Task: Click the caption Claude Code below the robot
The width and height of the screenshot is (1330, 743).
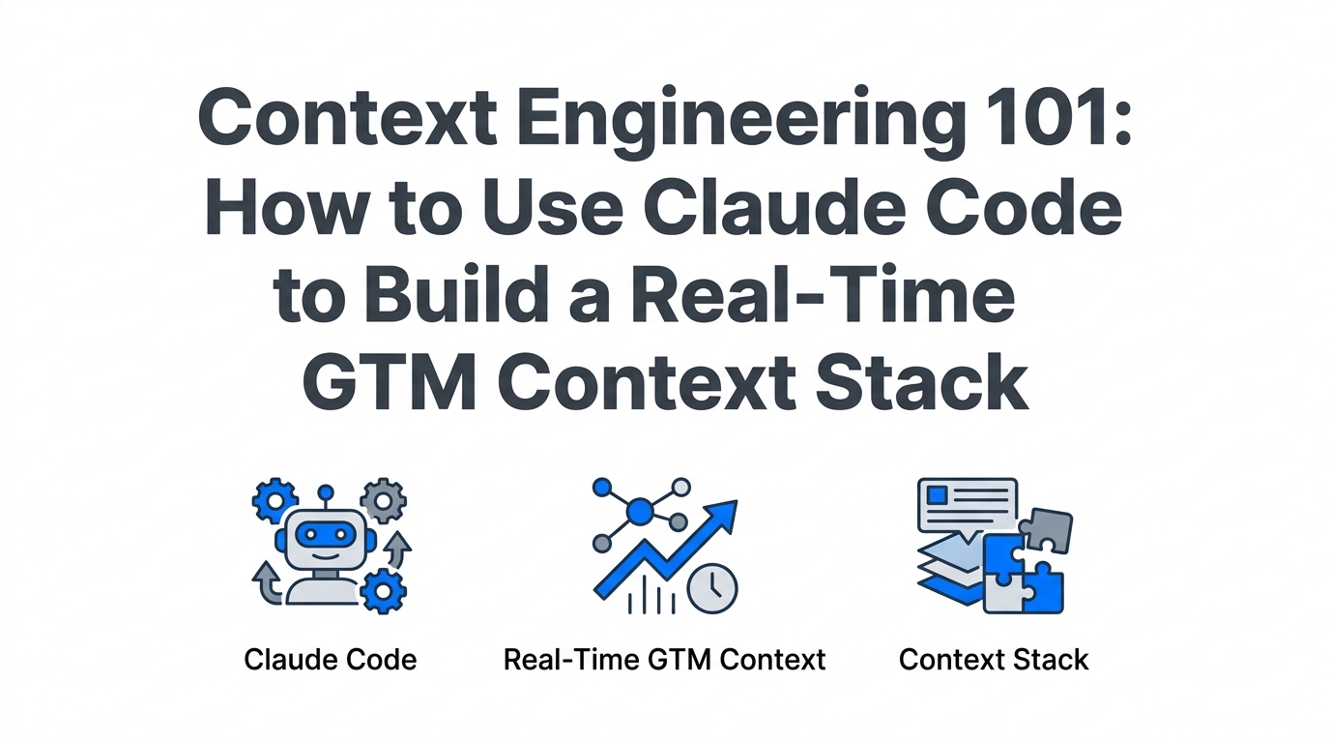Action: [x=331, y=660]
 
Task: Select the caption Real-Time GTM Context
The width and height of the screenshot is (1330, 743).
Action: [x=665, y=660]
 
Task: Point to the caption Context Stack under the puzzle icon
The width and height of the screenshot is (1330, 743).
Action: [x=994, y=660]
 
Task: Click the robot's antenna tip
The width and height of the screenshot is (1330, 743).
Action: [x=326, y=491]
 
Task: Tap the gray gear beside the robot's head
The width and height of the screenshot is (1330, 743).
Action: [x=383, y=501]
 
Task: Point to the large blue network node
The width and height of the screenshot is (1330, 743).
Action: [x=639, y=509]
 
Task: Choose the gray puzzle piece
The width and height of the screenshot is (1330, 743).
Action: [x=1047, y=530]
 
